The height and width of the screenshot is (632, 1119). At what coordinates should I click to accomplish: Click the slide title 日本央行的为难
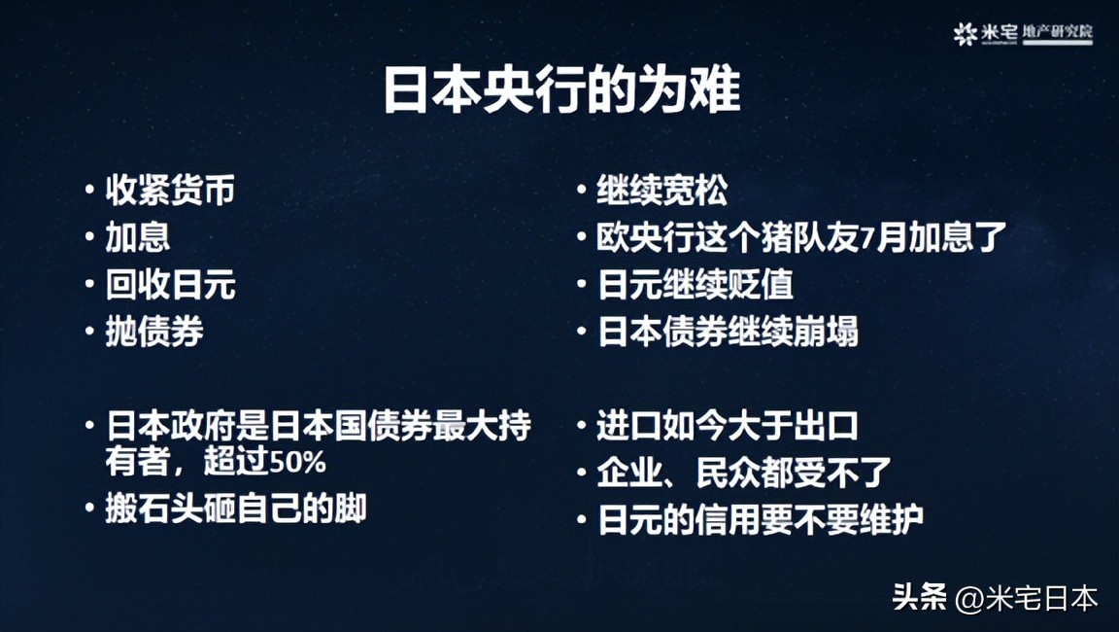pyautogui.click(x=560, y=91)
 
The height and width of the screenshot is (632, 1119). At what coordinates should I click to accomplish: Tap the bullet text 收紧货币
pyautogui.click(x=170, y=191)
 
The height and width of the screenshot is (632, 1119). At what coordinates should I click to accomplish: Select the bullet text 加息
pyautogui.click(x=138, y=238)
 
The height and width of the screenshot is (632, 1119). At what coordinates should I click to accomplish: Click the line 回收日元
pyautogui.click(x=170, y=285)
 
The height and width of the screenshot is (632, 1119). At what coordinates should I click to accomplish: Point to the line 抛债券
pyautogui.click(x=154, y=332)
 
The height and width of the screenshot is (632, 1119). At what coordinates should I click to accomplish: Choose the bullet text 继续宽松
pyautogui.click(x=661, y=191)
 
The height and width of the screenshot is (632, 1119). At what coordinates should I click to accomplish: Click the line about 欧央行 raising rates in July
pyautogui.click(x=801, y=238)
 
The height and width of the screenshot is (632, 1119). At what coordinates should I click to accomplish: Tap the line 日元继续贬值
pyautogui.click(x=695, y=285)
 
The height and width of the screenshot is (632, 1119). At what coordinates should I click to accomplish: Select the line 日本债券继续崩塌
pyautogui.click(x=728, y=332)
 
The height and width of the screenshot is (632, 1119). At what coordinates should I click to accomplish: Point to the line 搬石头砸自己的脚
pyautogui.click(x=235, y=509)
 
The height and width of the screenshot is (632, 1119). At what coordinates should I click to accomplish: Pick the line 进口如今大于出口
pyautogui.click(x=728, y=426)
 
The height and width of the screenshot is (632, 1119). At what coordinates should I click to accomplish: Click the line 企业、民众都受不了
pyautogui.click(x=743, y=473)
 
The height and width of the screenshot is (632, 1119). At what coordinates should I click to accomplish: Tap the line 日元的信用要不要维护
pyautogui.click(x=760, y=519)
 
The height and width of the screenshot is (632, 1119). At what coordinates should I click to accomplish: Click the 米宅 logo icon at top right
pyautogui.click(x=965, y=34)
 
